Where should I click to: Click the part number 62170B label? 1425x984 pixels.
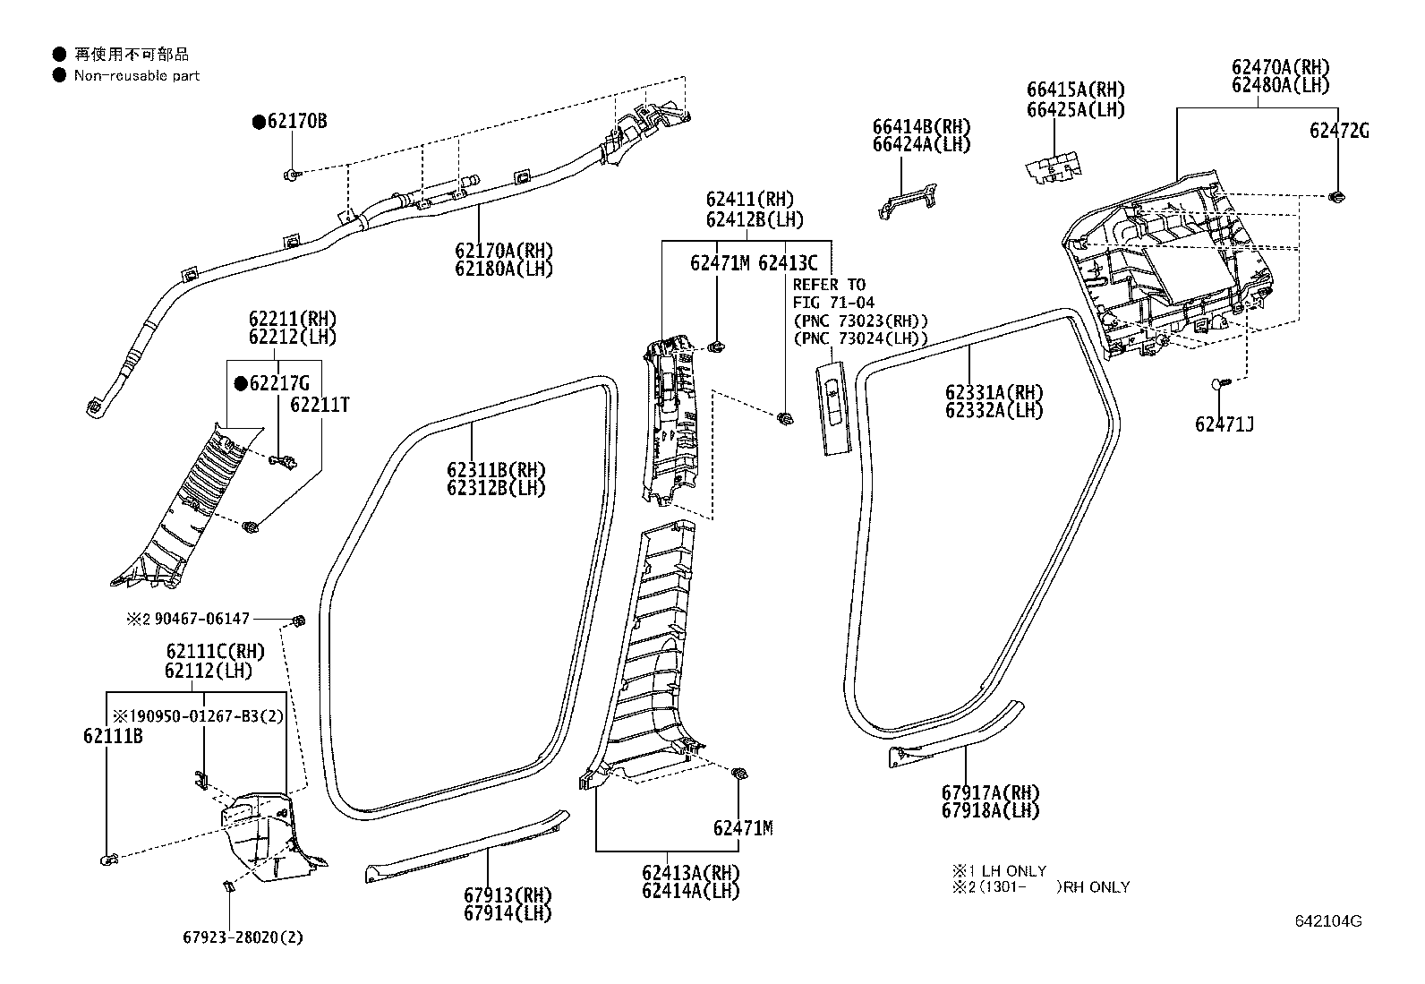tap(296, 121)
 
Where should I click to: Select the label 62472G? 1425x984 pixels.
tap(1339, 131)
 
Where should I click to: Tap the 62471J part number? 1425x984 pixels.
tap(1224, 424)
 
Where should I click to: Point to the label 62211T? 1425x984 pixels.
tap(320, 405)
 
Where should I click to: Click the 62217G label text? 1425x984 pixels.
tap(278, 384)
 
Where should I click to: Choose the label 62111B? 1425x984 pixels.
tap(113, 736)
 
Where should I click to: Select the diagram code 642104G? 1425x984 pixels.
tap(1327, 921)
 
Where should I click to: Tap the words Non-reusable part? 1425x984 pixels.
tap(137, 76)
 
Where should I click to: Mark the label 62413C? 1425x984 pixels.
tap(788, 263)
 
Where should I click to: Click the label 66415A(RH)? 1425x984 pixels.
tap(1075, 90)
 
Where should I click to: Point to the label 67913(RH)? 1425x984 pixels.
tap(508, 895)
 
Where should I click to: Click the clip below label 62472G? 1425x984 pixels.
tap(1337, 196)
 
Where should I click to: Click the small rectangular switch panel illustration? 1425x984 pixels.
tap(832, 408)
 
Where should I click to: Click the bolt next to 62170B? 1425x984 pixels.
tap(293, 172)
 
